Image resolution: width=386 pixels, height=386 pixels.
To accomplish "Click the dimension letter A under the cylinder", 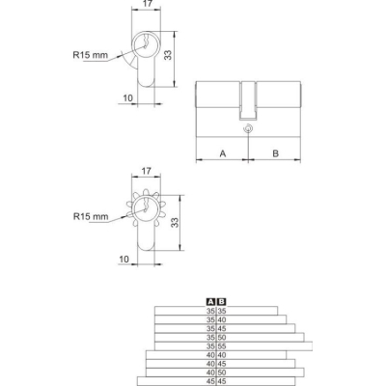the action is click(x=223, y=153).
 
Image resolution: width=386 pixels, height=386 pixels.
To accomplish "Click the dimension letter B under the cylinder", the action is click(x=275, y=153).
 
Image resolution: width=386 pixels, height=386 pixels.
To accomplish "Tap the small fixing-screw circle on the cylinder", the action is click(x=248, y=128).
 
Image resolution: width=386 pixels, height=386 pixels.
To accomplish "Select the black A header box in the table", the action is click(x=210, y=302).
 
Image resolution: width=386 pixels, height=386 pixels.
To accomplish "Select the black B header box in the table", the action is click(x=222, y=302).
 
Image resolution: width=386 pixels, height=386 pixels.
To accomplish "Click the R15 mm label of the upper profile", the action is click(x=91, y=55).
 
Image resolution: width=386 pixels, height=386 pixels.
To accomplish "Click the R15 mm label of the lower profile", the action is click(x=91, y=216).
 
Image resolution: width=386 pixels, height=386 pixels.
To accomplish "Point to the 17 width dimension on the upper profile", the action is click(x=147, y=4).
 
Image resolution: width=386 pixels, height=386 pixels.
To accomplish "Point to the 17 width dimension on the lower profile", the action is click(x=146, y=171).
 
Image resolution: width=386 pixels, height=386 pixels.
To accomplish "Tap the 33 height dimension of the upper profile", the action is click(x=168, y=55).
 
